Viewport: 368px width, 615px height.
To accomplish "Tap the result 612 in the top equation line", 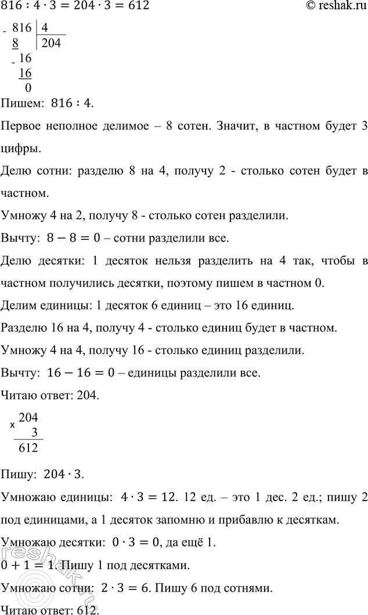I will coord(139,7).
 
